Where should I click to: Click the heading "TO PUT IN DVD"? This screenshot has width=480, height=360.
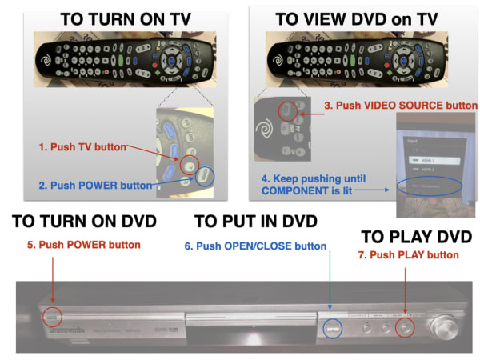(x=256, y=222)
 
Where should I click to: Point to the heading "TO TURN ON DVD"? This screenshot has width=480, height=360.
(x=84, y=222)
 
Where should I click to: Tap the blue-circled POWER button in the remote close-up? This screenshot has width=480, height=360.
(x=205, y=175)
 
